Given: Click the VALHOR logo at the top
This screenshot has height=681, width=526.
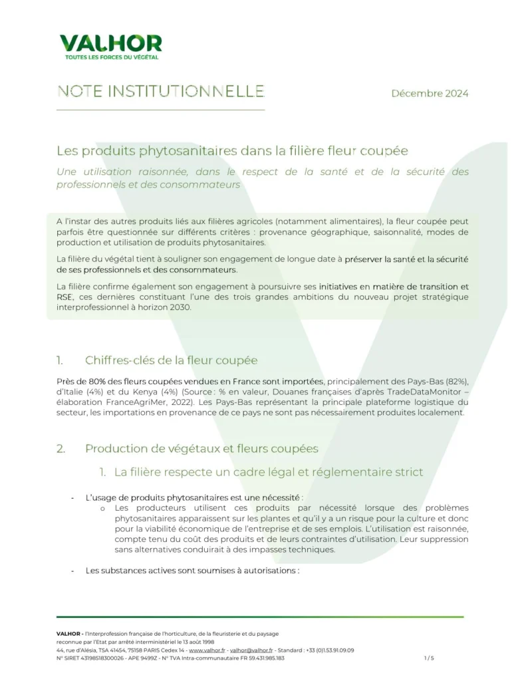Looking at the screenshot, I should [x=110, y=44].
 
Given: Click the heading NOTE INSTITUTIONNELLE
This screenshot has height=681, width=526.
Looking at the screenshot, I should [x=161, y=92].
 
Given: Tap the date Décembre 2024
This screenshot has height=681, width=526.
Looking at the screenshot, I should [x=430, y=93].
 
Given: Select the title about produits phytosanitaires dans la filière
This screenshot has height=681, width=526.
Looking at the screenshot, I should [x=241, y=151].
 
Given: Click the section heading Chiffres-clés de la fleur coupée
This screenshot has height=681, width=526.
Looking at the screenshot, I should [x=171, y=360].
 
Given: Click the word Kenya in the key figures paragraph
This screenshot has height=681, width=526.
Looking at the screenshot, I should [x=139, y=392].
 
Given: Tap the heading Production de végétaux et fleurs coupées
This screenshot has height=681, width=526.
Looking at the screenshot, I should [x=201, y=448].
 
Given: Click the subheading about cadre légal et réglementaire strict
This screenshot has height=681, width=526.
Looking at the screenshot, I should [x=268, y=472].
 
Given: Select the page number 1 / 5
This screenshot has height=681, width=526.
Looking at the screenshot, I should [x=428, y=658].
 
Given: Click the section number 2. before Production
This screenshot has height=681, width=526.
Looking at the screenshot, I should [x=61, y=448].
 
